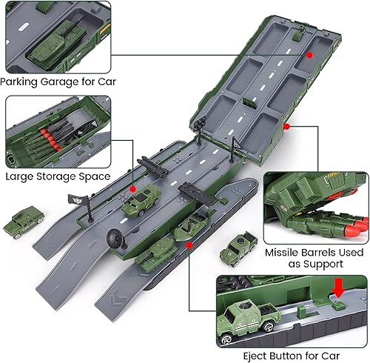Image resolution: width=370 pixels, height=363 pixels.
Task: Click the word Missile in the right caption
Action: pos(284,252)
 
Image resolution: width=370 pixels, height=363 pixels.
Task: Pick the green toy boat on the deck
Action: pos(191,229)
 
